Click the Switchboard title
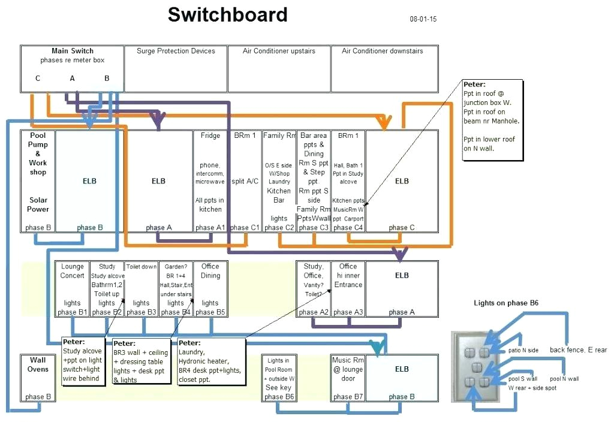tap(227, 15)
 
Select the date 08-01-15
tap(423, 19)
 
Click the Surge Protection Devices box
tap(176, 68)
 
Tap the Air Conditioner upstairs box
tap(279, 68)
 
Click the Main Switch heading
tap(73, 51)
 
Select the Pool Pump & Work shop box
tap(38, 180)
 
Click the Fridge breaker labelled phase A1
tap(210, 180)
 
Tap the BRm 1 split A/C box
tap(245, 180)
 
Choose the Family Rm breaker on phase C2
tap(279, 180)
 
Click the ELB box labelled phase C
tap(402, 180)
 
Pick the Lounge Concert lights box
tap(72, 288)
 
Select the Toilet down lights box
tap(141, 288)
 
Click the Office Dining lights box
tap(210, 288)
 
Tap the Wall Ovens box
tap(38, 378)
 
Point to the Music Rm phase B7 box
tap(348, 378)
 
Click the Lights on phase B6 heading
tap(506, 303)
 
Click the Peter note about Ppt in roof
tap(492, 120)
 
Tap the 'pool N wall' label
tap(564, 379)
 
